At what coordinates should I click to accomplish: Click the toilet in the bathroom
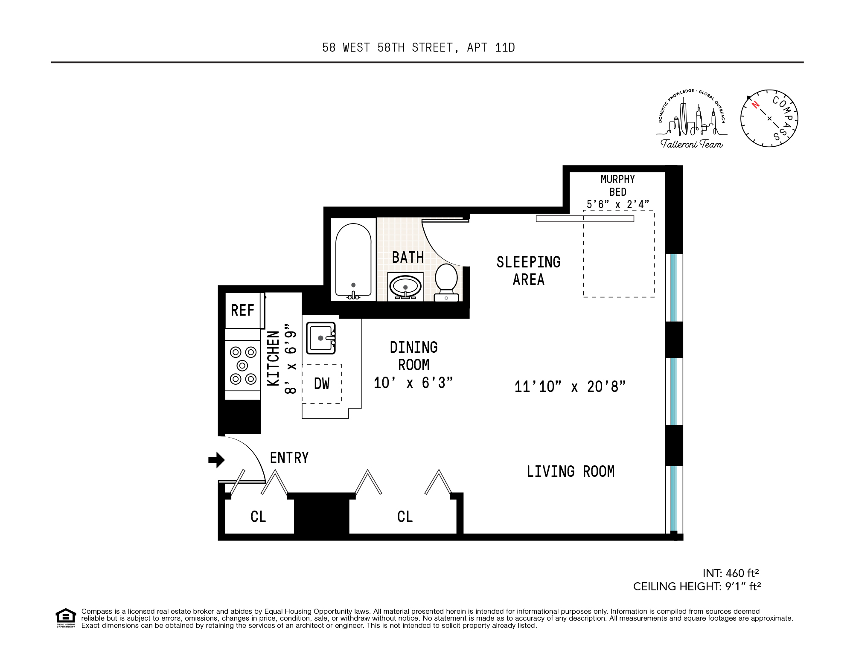446,282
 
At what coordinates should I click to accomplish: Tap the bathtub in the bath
353,260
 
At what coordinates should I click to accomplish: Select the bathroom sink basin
405,285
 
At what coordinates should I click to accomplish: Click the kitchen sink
321,338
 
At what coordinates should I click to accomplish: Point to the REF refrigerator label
242,310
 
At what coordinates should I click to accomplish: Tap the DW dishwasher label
322,383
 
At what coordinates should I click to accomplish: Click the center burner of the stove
242,366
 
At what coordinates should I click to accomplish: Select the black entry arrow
216,460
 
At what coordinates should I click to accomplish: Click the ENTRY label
289,458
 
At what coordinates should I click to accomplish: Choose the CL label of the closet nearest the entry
258,517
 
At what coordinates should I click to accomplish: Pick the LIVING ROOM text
571,471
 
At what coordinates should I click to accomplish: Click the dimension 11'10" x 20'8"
570,387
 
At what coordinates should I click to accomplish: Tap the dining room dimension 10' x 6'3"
413,383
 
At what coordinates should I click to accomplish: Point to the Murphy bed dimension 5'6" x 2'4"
617,205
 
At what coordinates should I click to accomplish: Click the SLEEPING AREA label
528,271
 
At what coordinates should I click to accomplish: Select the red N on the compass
755,105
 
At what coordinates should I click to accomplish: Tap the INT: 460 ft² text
731,573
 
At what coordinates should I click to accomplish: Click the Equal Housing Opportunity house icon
66,616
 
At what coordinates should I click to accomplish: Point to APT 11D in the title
491,47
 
